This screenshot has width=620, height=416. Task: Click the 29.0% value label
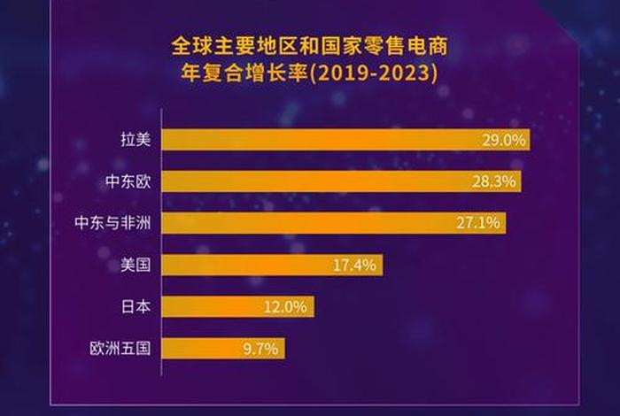pos(503,140)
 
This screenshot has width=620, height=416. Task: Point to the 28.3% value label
pos(494,181)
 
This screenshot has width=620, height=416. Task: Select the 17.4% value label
pos(356,265)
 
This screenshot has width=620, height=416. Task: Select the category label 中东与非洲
pos(112,223)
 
